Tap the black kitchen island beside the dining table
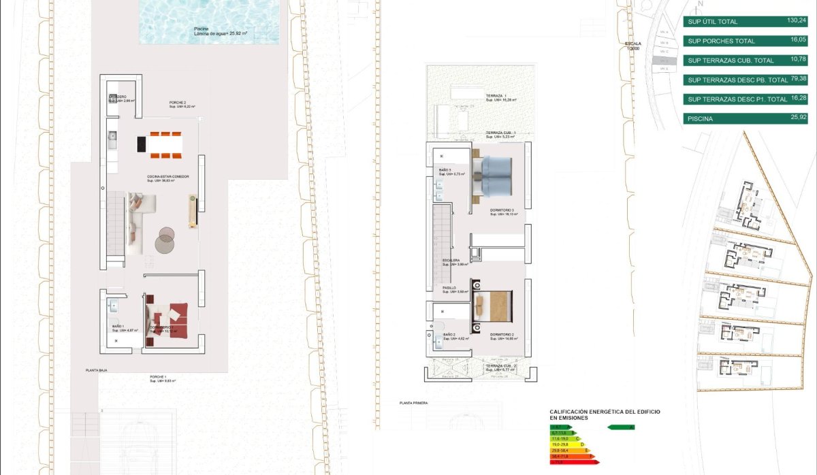pos(142,144)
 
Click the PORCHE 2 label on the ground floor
pos(178,103)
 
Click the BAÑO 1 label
pos(117,327)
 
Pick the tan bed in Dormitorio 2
pos(493,306)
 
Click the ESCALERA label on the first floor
pos(451,260)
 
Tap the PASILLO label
pos(450,288)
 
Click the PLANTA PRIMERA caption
pos(414,403)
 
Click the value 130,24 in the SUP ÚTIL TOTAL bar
pos(797,20)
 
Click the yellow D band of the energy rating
pos(568,444)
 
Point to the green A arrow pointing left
pos(620,427)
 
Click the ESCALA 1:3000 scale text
pos(633,46)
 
